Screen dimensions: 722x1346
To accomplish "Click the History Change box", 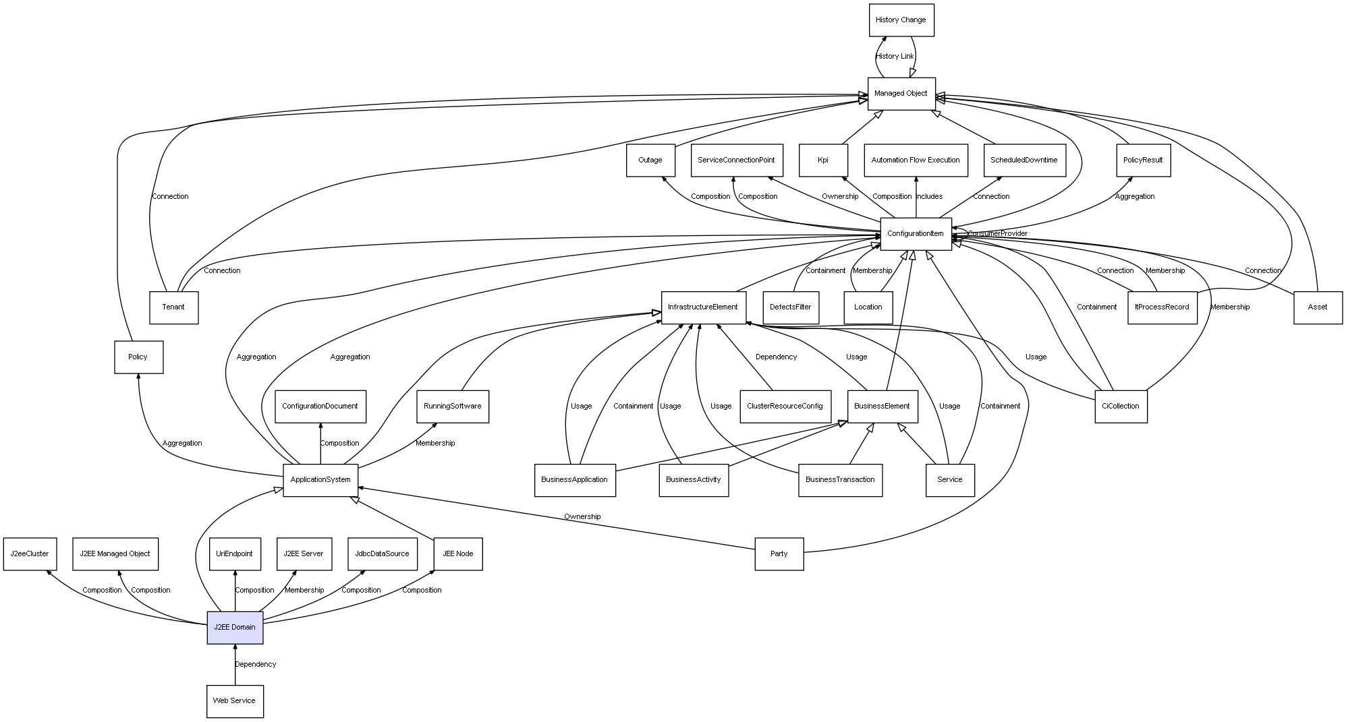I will [x=901, y=20].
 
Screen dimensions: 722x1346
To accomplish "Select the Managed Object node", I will [x=901, y=94].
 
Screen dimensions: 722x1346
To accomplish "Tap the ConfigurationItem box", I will [x=916, y=234].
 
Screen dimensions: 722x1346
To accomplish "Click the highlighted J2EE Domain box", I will [x=235, y=627].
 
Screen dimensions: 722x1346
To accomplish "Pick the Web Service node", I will [x=234, y=701].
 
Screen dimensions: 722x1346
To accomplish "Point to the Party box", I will [x=779, y=553].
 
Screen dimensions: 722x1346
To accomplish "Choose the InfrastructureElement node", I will [x=703, y=307].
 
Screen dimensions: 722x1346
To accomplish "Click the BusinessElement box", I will [x=882, y=406].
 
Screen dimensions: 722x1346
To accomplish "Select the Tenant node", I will [x=173, y=307].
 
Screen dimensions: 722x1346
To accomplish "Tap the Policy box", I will [x=138, y=357].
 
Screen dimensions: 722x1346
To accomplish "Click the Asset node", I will [x=1317, y=307].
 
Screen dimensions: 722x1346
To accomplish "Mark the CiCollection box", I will [x=1120, y=406].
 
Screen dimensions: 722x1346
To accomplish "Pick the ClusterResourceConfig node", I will [x=785, y=406].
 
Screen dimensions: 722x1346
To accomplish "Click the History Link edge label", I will [x=895, y=57].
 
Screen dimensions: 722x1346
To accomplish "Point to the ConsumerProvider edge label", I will [x=997, y=234].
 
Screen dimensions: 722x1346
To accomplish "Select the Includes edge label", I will [x=929, y=197].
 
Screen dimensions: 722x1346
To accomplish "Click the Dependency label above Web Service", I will [x=255, y=665].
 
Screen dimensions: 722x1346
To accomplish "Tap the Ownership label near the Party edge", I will [x=582, y=517].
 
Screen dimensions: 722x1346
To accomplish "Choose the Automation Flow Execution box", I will [x=915, y=160].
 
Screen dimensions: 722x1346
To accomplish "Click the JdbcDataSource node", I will [x=383, y=553].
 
